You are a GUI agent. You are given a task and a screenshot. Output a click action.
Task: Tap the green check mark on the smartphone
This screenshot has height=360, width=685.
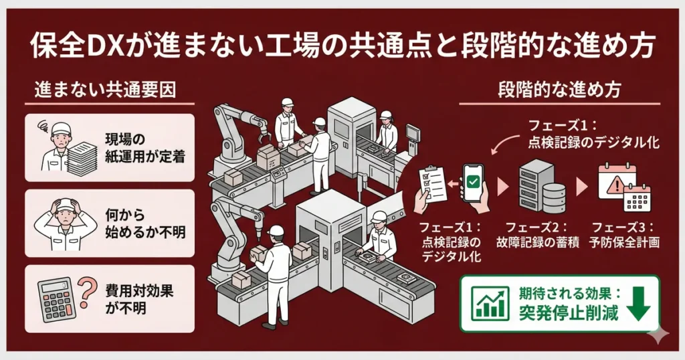[x=474, y=181]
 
